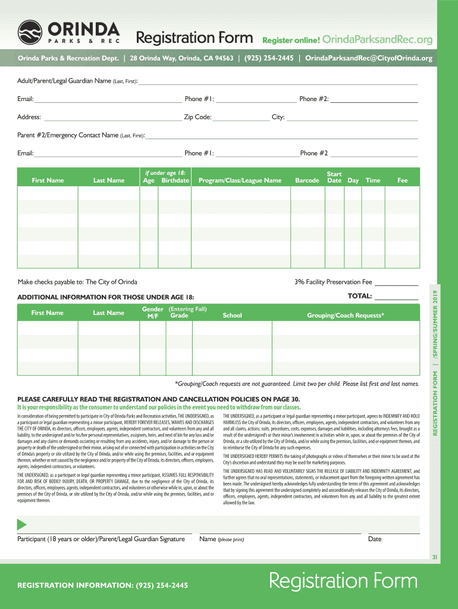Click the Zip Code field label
(197, 117)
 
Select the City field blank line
(352, 118)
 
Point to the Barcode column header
(307, 180)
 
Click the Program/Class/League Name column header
(240, 180)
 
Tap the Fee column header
(403, 180)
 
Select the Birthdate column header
(175, 180)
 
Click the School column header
(232, 315)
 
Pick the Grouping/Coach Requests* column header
(345, 315)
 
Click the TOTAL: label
(360, 296)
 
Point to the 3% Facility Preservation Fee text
(333, 282)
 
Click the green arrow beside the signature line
(22, 525)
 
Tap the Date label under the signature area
(375, 539)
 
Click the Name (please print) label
(222, 539)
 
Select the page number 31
(435, 557)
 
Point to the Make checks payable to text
(78, 282)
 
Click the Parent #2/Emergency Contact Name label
(81, 135)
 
